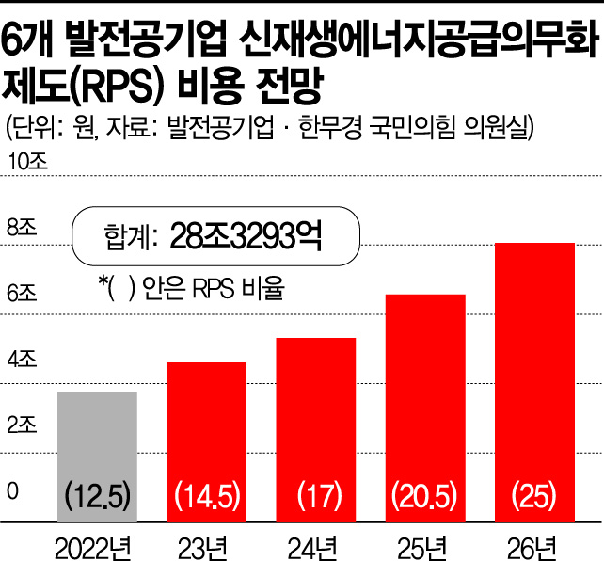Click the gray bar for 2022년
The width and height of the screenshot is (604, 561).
(98, 442)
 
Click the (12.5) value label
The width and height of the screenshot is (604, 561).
(98, 492)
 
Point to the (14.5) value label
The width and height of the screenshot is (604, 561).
(207, 492)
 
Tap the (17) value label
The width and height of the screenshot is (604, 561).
(315, 492)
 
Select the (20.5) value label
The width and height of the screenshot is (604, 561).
(424, 492)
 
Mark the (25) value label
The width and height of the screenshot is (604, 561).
(534, 492)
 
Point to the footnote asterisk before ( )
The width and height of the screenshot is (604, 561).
(102, 283)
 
